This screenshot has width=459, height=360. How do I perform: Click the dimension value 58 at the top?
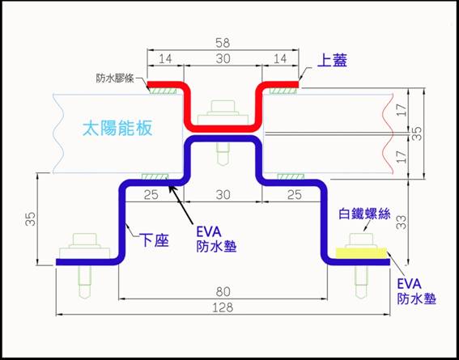click(x=223, y=43)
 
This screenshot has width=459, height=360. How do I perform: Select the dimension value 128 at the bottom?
click(x=223, y=307)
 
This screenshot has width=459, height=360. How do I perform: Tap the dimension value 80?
click(x=223, y=291)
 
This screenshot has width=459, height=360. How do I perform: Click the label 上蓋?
click(x=332, y=61)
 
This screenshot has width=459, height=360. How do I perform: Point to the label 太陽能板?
click(x=117, y=129)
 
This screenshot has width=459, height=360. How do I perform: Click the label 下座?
click(x=155, y=239)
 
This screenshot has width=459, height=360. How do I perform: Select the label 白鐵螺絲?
click(x=364, y=214)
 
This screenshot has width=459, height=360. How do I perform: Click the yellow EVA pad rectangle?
click(x=361, y=253)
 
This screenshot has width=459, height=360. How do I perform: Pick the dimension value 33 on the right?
click(x=403, y=222)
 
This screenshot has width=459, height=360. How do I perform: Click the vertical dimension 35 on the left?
click(x=32, y=218)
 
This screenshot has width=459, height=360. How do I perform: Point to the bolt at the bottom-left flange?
click(x=84, y=264)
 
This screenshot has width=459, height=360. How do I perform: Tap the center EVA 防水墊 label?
click(x=216, y=239)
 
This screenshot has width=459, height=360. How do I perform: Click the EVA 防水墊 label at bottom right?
click(x=417, y=291)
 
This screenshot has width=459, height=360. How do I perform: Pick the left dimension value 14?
click(x=165, y=59)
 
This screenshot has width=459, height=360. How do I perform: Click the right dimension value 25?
click(x=294, y=195)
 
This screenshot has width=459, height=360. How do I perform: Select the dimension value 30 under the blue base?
click(x=223, y=195)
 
